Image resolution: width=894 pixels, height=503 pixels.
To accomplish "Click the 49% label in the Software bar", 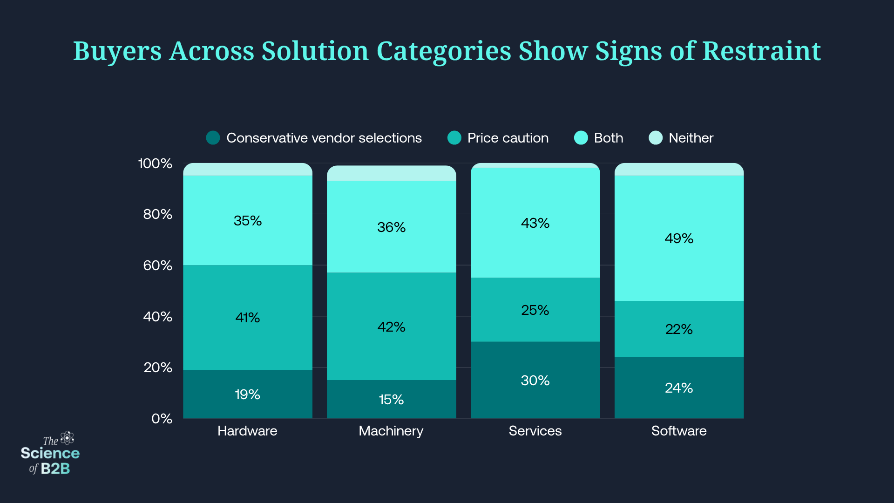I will [679, 238].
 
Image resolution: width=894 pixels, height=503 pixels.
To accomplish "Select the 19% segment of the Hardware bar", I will [247, 394].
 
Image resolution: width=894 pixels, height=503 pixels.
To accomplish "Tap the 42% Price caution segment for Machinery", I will [391, 326].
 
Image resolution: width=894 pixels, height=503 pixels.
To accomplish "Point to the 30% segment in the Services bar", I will [535, 380].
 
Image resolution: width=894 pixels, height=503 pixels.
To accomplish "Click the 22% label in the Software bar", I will [679, 329].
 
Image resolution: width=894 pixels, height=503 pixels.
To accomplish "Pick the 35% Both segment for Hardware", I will [247, 220].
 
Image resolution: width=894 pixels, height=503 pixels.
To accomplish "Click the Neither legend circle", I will [656, 138].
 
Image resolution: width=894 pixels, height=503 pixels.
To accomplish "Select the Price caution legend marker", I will [454, 138].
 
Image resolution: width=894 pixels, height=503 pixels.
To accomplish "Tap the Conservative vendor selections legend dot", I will [213, 138].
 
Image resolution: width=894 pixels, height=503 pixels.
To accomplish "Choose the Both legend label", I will [609, 138].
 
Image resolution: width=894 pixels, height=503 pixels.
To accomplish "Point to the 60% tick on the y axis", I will [157, 265].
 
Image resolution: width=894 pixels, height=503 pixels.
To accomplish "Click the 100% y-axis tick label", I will [155, 163].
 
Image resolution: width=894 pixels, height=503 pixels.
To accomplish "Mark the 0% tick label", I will [162, 419].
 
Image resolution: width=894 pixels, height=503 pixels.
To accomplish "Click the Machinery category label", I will [391, 431].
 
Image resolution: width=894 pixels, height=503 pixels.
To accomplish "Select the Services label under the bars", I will [535, 431].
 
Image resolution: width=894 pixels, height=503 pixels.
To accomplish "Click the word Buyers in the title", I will [117, 51].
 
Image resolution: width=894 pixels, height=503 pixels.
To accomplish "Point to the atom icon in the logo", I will [68, 438].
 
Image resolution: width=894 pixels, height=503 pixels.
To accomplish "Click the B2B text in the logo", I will [55, 469].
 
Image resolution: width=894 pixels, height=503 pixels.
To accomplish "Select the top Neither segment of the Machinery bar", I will [391, 173].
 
